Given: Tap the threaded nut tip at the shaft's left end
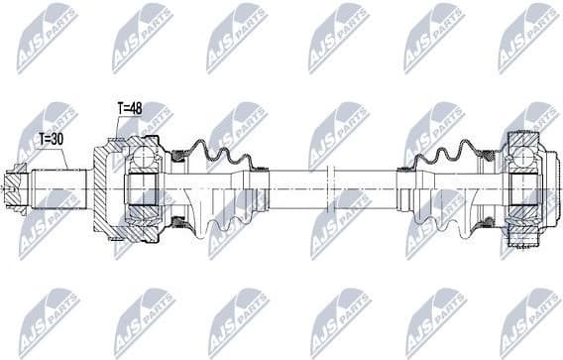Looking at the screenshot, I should (x=13, y=184).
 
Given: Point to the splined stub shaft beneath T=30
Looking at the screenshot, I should (x=59, y=185).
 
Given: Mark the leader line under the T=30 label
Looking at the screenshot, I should (x=66, y=160).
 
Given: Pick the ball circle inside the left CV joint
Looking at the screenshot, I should (x=145, y=157).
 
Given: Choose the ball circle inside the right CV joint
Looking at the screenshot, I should (x=522, y=154).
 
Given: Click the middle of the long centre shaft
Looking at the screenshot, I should (x=337, y=185).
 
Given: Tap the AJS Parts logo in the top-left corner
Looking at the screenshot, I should (x=46, y=37).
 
